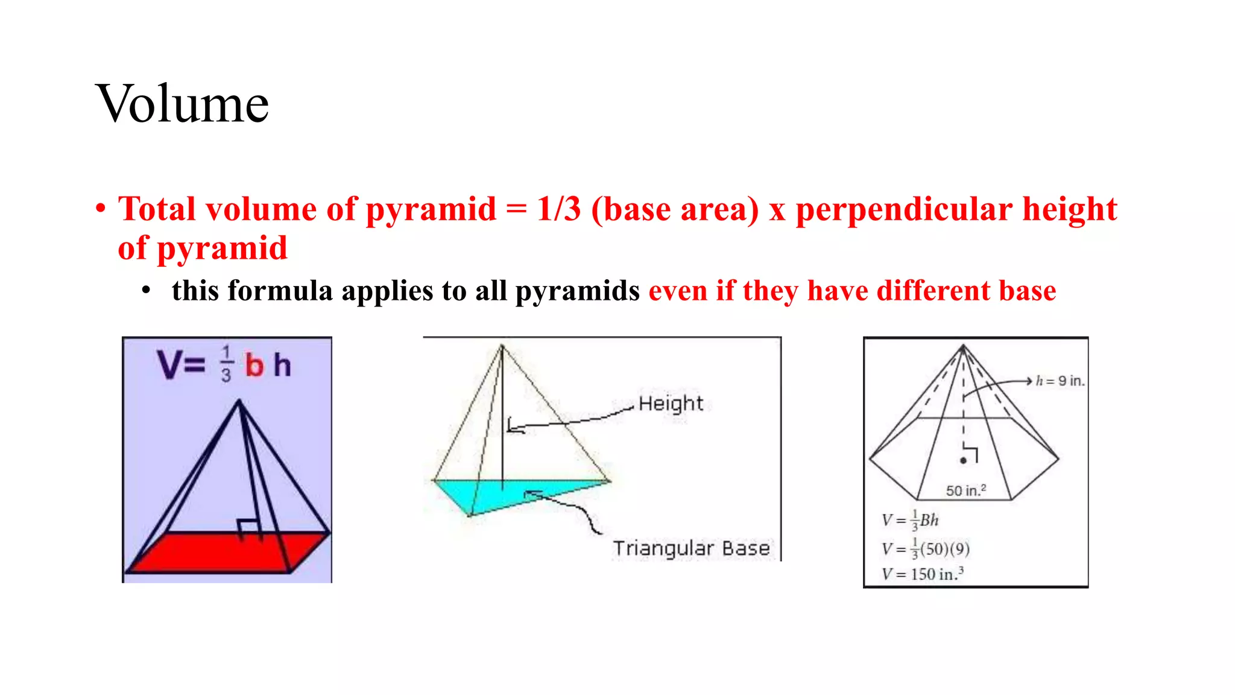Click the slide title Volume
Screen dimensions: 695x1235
coord(182,104)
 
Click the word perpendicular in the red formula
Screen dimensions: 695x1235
coord(903,209)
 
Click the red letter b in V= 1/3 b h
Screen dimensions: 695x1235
coord(254,366)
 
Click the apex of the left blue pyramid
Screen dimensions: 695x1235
coord(239,401)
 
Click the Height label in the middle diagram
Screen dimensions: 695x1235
coord(671,403)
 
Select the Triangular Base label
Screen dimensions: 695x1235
coord(691,548)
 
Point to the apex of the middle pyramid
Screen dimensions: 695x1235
coord(502,346)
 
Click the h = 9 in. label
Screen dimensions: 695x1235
coord(1060,381)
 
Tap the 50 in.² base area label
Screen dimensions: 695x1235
coord(965,490)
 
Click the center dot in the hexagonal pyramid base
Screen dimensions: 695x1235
coord(963,461)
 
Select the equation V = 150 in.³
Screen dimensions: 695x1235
coord(922,574)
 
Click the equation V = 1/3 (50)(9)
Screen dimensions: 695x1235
coord(925,548)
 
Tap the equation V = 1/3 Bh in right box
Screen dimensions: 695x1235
coord(910,520)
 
